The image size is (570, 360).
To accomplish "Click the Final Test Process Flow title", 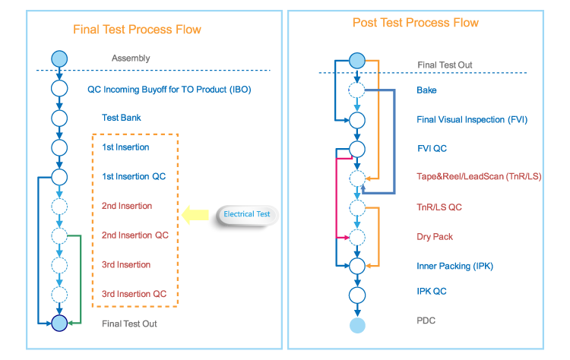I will click(x=137, y=30).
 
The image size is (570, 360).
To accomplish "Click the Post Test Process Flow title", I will click(x=416, y=23).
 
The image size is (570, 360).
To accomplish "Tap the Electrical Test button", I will click(x=247, y=214).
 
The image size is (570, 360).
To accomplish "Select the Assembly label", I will click(x=131, y=58).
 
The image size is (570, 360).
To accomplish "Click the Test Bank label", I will click(x=122, y=118).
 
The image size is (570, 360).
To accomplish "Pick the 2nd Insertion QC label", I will click(x=135, y=235).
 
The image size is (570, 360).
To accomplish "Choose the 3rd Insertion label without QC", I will click(x=126, y=265).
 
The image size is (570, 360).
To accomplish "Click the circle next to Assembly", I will click(x=59, y=59).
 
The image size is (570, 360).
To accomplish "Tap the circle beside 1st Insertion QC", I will click(x=59, y=177).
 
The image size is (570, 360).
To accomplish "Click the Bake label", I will click(x=426, y=90).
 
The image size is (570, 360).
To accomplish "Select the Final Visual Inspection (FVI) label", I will click(x=471, y=119).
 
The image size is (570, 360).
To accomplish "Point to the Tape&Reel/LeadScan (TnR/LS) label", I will click(x=479, y=177).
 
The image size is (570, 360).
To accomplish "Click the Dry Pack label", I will click(x=435, y=237).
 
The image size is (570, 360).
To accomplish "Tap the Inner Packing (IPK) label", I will click(x=455, y=267).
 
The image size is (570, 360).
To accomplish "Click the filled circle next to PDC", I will click(x=357, y=325).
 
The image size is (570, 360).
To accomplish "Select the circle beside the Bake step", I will click(x=357, y=90).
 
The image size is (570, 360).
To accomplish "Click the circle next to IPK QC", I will click(x=357, y=295).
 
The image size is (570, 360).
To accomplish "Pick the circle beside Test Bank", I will click(x=59, y=118).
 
